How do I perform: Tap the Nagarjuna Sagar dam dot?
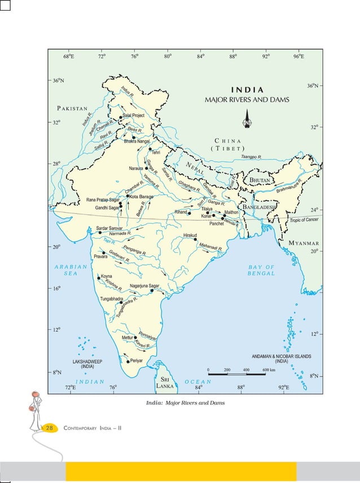152,291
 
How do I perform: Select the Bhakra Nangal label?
137,141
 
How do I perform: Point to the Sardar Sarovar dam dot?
100,232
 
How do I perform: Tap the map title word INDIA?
247,90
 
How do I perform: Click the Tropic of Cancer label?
305,219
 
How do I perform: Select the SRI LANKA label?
165,383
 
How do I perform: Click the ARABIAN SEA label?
71,270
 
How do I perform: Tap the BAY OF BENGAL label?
261,270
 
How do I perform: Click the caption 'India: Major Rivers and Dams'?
185,402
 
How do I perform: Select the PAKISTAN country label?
72,107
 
